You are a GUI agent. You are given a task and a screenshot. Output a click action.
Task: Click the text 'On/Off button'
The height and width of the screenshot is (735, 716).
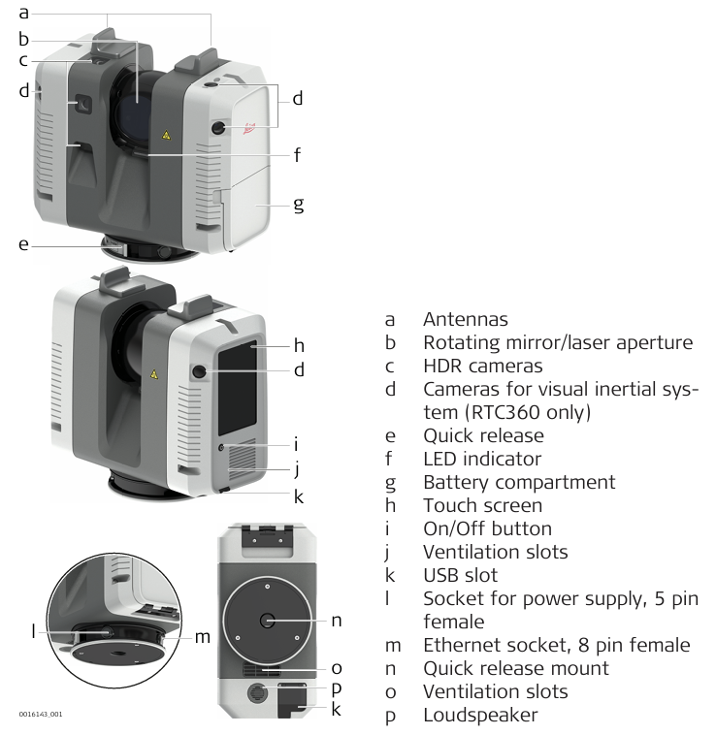coord(487,528)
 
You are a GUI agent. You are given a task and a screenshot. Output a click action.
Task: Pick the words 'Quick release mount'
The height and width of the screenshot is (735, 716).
coord(516,668)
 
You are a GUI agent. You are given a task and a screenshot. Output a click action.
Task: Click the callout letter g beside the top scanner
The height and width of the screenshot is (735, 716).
coord(300,204)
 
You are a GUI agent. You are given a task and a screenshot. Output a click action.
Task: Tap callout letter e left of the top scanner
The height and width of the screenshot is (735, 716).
coord(23,244)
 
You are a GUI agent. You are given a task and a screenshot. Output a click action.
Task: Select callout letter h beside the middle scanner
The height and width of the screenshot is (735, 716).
coord(300,344)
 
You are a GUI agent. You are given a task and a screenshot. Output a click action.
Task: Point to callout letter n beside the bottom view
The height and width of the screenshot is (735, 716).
coord(336,619)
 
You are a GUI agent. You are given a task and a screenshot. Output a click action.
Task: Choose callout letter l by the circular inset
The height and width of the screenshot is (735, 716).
coord(33,630)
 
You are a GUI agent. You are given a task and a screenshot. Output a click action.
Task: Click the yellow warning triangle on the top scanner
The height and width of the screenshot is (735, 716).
coord(167,138)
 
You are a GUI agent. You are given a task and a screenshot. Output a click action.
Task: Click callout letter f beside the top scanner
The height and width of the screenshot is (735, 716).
coord(299,154)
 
